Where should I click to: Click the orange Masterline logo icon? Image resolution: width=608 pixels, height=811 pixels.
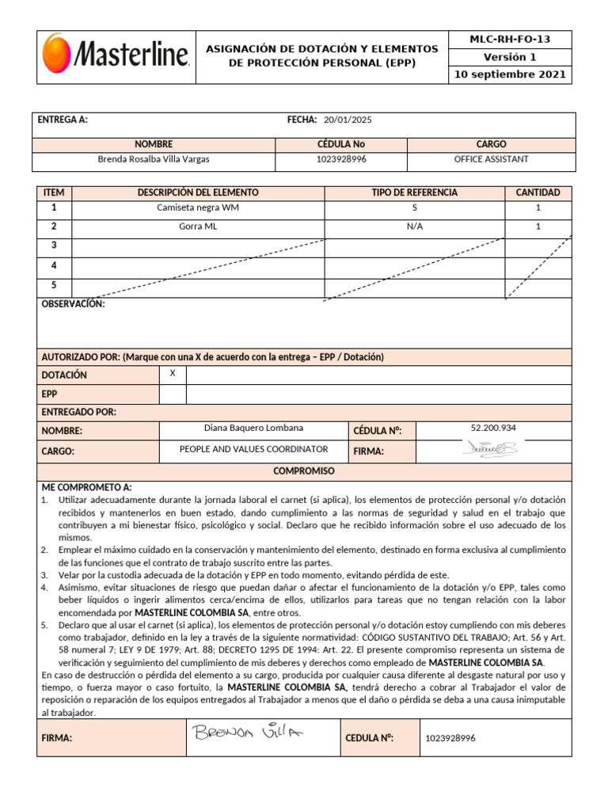point(57,51)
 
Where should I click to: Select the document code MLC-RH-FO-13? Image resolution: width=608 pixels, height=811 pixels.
point(510,39)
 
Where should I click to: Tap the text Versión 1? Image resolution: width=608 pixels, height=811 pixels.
point(510,57)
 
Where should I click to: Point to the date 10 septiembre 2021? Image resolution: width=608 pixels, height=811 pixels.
point(510,75)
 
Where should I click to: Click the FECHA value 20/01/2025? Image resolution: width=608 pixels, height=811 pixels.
point(347,120)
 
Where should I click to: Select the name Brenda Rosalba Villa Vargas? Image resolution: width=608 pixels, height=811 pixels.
point(153,159)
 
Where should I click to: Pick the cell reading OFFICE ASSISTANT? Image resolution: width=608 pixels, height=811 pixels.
point(491,159)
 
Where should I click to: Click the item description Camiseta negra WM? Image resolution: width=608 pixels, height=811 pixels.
point(197,208)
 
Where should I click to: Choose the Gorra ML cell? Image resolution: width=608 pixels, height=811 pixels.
point(197,227)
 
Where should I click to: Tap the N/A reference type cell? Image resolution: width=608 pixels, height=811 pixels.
point(414,227)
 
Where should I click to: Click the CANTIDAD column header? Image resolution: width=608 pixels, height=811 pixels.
point(538,192)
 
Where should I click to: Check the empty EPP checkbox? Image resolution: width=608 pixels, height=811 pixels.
point(173,394)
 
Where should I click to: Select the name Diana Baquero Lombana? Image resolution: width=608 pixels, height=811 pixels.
point(253,428)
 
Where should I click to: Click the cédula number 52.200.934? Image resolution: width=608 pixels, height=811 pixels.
point(492,428)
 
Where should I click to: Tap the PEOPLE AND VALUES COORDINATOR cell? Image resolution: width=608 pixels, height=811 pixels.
point(253,449)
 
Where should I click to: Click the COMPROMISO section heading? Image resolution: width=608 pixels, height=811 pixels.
point(304,471)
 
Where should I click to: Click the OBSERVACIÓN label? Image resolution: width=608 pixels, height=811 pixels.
point(72,304)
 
